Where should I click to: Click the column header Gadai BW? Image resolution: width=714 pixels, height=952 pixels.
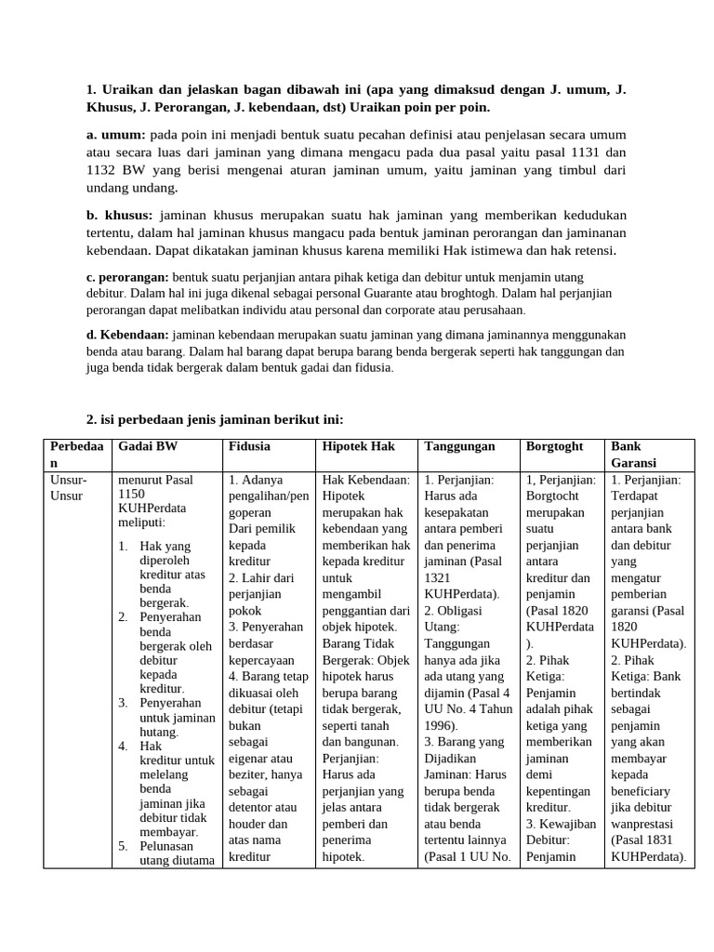coord(148,446)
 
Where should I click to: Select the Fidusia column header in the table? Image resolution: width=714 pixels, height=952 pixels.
coord(250,446)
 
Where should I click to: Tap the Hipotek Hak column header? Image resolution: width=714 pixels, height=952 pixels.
coord(358,446)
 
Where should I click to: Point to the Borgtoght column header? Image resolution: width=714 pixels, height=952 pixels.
coord(554,446)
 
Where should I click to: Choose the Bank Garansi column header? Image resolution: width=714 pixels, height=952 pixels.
coord(633,454)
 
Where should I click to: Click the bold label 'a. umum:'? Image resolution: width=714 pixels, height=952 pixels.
coord(115,135)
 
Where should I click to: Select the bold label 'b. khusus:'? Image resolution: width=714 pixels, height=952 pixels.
coord(118,215)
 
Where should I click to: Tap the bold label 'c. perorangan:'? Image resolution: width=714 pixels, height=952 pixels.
coord(127,277)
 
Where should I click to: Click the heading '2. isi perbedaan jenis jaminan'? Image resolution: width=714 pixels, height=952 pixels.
coord(214,419)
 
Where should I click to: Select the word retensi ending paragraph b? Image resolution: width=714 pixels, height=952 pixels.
coord(591,251)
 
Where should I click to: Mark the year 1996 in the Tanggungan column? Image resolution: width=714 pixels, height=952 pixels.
coord(442,725)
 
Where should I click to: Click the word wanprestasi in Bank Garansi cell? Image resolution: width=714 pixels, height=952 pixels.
coord(642,824)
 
